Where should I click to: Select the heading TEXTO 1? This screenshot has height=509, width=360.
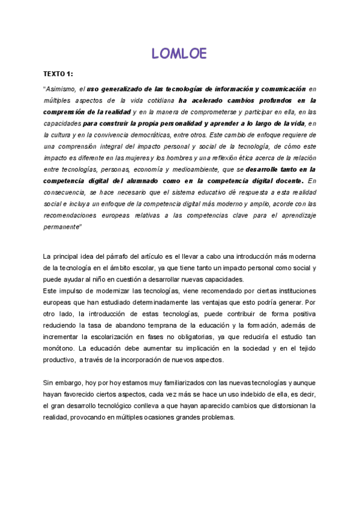pos(58,74)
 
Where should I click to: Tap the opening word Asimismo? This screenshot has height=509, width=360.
pos(61,89)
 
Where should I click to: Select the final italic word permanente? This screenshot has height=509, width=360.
pos(62,227)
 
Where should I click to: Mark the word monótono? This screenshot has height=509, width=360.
pos(59,348)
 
